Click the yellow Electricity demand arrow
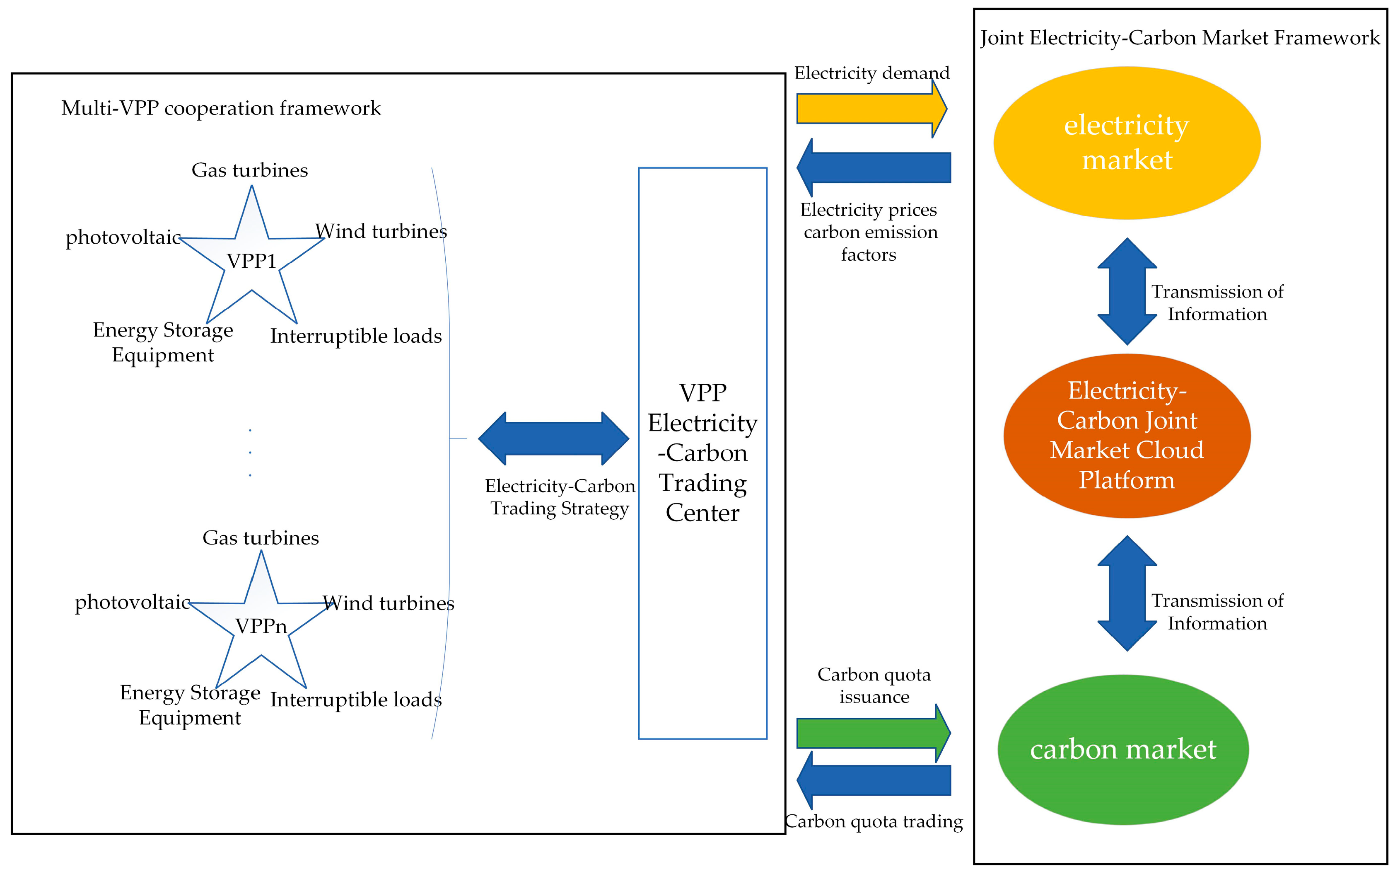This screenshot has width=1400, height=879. [871, 109]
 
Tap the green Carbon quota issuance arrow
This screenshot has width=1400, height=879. [873, 733]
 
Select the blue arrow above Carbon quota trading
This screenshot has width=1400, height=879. [874, 780]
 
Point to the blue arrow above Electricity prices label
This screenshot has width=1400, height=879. [874, 167]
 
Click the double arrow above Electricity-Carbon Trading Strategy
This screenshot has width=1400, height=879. [554, 438]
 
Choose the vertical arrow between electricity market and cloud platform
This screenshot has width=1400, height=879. [1127, 291]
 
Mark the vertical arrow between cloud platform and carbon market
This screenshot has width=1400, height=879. [1127, 593]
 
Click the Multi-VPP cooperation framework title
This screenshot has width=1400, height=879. [221, 108]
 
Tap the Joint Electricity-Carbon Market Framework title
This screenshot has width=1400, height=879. [1180, 38]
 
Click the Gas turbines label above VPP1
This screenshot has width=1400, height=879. [250, 170]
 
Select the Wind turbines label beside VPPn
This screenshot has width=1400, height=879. [389, 603]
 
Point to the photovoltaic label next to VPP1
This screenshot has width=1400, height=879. [123, 237]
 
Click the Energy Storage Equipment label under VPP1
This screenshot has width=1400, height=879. [163, 342]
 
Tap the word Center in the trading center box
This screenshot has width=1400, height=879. [702, 513]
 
